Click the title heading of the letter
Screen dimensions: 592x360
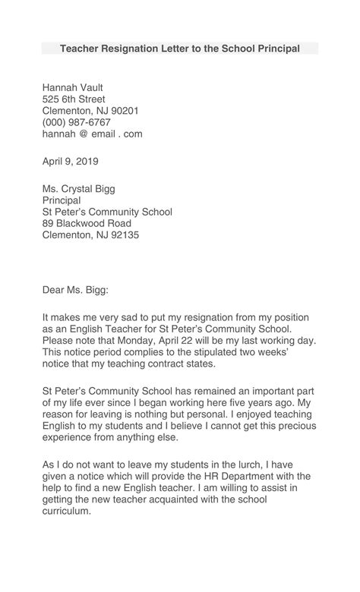(x=180, y=49)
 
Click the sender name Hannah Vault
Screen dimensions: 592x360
(x=72, y=87)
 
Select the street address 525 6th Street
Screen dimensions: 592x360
(x=74, y=99)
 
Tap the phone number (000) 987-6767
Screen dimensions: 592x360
(x=76, y=122)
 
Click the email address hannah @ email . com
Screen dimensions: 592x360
(x=92, y=134)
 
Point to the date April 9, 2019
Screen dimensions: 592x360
(x=70, y=161)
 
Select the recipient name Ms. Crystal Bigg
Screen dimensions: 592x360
(x=79, y=189)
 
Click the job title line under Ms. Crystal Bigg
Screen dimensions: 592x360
(x=62, y=200)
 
